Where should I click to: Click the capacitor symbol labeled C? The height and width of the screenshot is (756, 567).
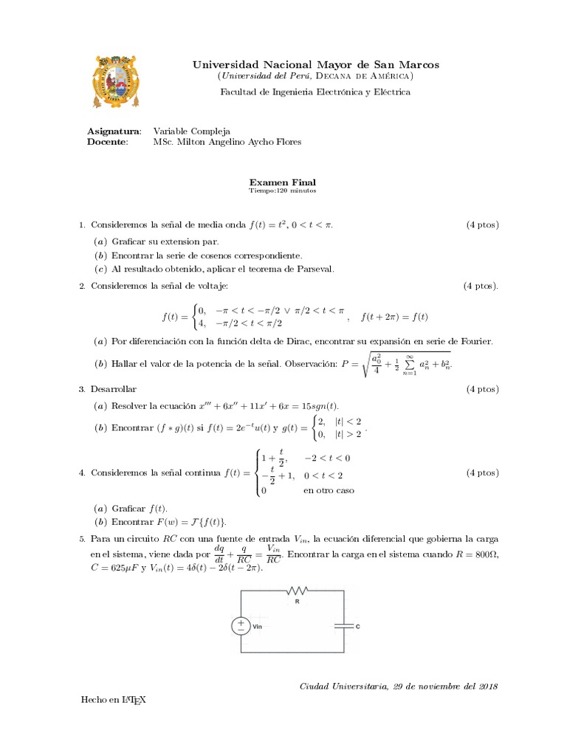click(343, 625)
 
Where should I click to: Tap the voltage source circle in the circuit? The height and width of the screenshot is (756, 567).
click(241, 625)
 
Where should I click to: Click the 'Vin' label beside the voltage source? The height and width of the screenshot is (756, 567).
click(258, 626)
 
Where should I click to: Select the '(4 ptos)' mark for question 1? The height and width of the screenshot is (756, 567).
click(481, 224)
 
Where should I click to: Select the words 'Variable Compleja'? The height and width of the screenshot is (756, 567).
click(191, 131)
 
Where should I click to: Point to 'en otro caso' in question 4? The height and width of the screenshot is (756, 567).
click(329, 490)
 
